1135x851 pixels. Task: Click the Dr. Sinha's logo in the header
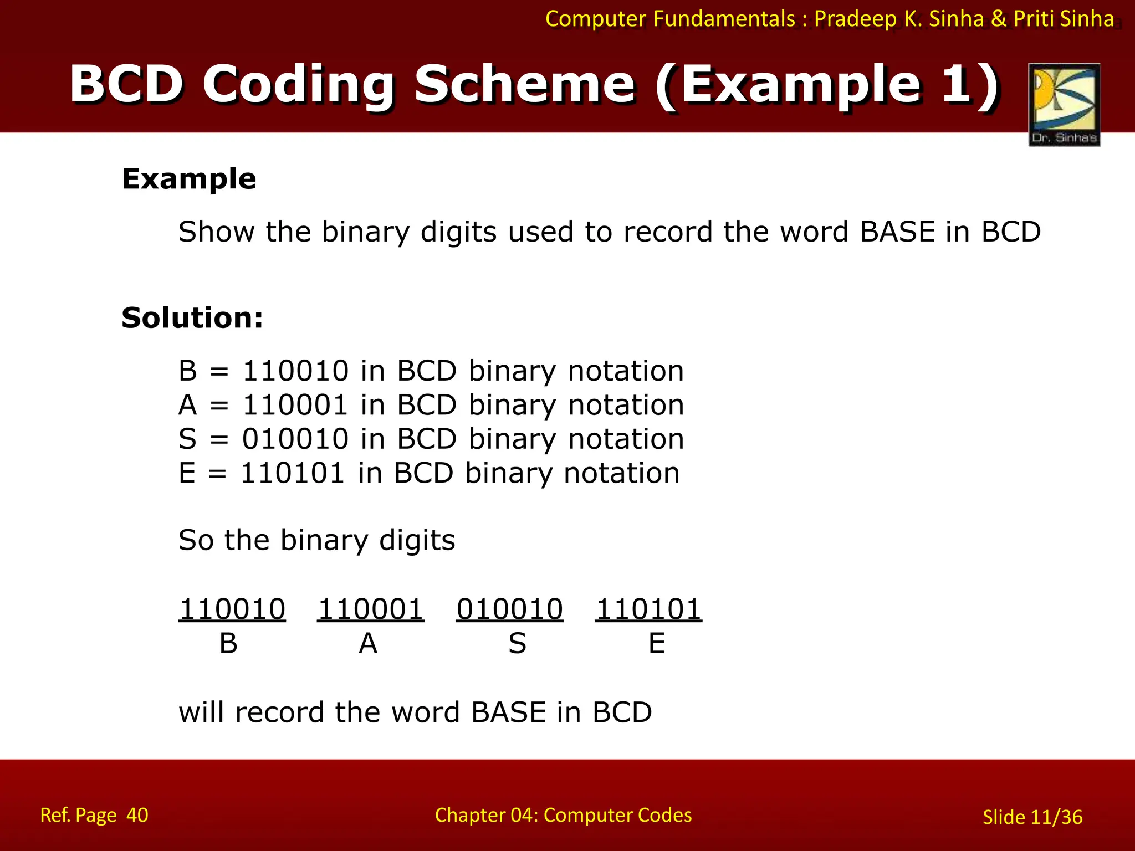(1064, 104)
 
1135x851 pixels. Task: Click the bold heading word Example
(189, 179)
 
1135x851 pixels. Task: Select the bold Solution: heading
(192, 318)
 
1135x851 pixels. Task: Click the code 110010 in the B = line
(295, 371)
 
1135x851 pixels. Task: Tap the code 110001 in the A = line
(295, 405)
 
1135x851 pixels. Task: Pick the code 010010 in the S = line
(295, 439)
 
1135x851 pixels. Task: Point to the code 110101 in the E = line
(293, 474)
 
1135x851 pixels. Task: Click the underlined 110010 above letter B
(232, 609)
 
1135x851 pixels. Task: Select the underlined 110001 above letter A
(371, 609)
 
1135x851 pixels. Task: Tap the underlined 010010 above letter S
(510, 609)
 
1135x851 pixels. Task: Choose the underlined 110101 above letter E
(648, 609)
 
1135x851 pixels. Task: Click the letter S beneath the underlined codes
(517, 644)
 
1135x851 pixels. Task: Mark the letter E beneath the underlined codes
(657, 644)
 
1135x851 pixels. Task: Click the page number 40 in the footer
(137, 815)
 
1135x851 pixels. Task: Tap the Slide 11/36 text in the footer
(1032, 817)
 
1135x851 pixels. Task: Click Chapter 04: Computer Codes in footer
(563, 815)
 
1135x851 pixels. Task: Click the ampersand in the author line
(998, 19)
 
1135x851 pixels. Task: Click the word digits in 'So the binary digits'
(417, 540)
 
